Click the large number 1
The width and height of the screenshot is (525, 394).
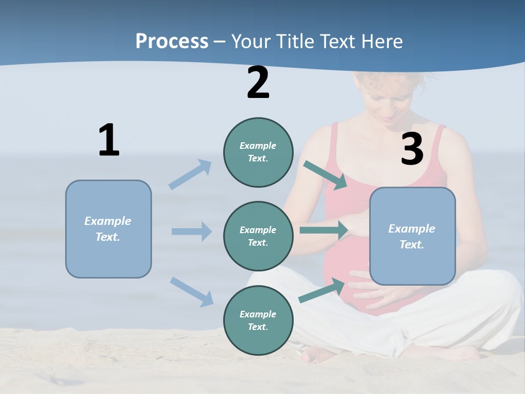109,141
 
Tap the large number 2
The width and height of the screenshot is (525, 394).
258,83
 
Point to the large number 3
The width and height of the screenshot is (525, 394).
412,149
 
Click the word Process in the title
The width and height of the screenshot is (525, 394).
172,41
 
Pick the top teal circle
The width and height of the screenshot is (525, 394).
258,152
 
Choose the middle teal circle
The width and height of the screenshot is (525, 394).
258,236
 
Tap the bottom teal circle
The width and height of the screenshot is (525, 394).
258,320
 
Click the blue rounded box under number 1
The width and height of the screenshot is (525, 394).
108,229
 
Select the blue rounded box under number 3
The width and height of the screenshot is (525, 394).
412,236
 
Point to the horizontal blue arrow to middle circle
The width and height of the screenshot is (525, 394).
191,231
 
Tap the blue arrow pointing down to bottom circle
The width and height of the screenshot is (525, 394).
191,291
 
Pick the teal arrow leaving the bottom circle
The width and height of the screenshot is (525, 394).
322,291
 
